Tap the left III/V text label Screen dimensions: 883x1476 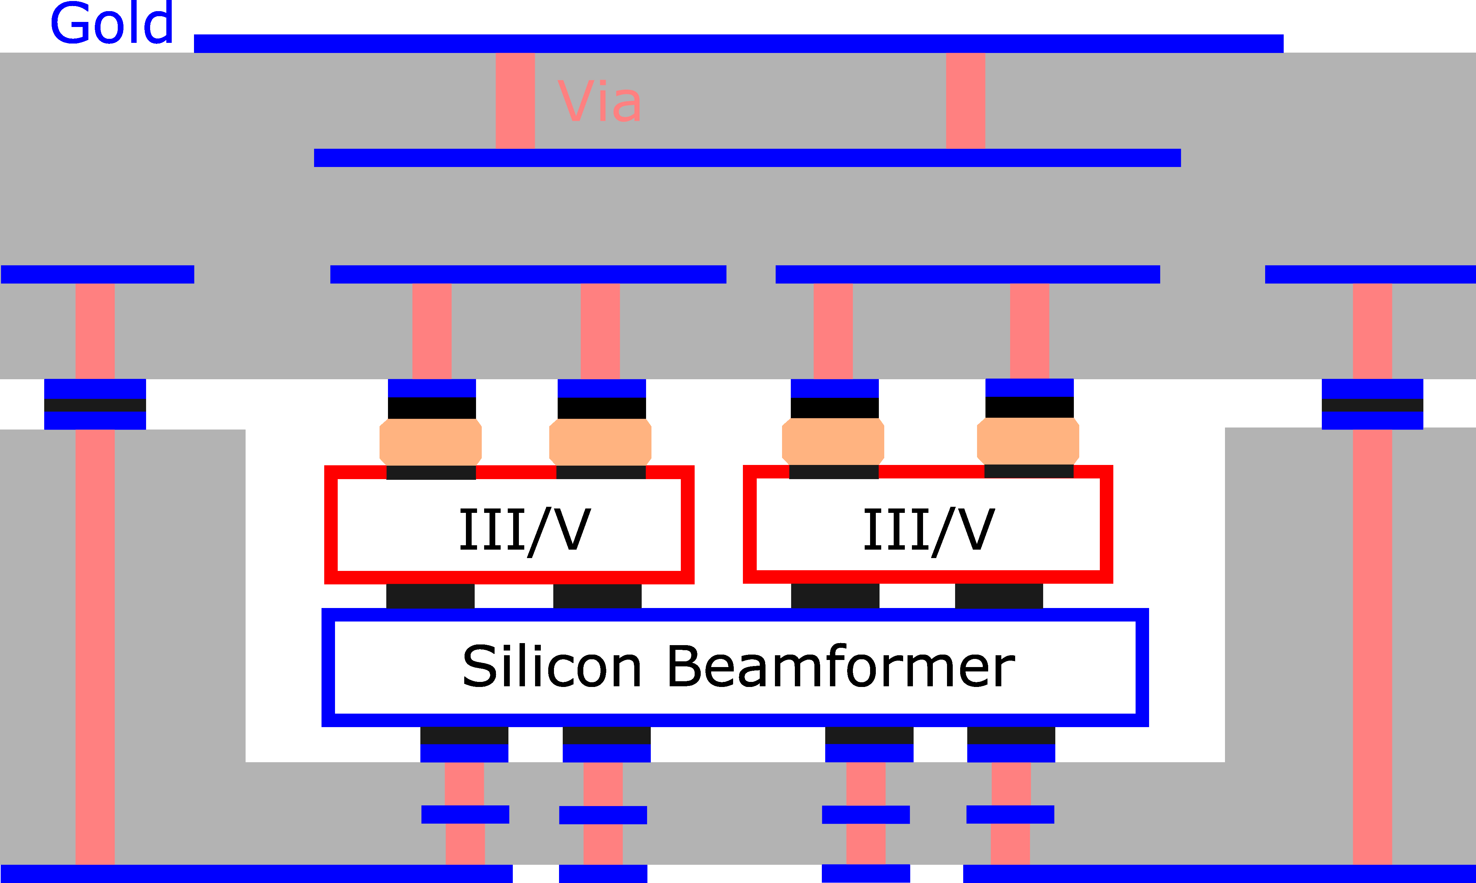pos(525,529)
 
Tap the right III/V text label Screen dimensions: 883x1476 pos(929,529)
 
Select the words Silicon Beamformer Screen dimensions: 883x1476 pos(738,666)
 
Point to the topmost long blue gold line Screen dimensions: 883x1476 pos(738,44)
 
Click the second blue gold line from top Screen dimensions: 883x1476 pos(747,158)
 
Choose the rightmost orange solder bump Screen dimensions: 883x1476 pos(1028,441)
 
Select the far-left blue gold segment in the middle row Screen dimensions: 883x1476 pos(98,274)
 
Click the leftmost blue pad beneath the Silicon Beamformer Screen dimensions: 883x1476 pos(464,753)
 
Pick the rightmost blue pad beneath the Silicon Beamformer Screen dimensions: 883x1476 pos(1011,753)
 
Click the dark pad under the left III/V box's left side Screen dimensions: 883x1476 pos(430,596)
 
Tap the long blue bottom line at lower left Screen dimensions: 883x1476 pos(256,874)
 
